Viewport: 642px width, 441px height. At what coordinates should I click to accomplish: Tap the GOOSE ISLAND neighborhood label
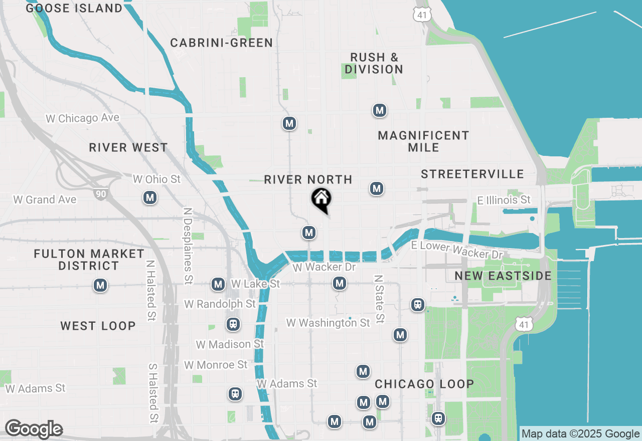tap(74, 9)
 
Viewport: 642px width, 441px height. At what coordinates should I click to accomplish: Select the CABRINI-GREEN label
tap(222, 43)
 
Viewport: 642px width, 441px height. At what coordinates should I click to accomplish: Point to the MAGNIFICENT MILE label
tap(424, 141)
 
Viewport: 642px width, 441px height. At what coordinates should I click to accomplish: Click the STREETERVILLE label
tap(472, 174)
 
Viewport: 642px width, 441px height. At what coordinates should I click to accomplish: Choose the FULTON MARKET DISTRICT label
tap(89, 260)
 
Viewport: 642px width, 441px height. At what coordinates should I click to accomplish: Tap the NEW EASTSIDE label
tap(503, 276)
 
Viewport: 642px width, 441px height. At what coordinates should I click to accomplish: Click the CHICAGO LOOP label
tap(424, 384)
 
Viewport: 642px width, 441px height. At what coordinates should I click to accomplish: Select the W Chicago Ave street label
tap(82, 118)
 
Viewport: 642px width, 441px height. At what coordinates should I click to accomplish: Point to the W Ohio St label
tap(156, 179)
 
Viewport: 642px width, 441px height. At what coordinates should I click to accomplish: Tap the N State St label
tap(380, 299)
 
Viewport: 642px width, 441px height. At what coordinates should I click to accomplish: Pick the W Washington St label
tap(328, 323)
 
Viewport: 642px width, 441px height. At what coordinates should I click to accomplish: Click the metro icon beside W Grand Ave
tap(149, 198)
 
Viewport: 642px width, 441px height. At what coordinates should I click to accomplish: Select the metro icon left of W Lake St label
tap(218, 285)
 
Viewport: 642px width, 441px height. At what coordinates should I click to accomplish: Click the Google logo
tap(33, 429)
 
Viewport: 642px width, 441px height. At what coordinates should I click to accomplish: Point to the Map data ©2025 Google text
tap(580, 434)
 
